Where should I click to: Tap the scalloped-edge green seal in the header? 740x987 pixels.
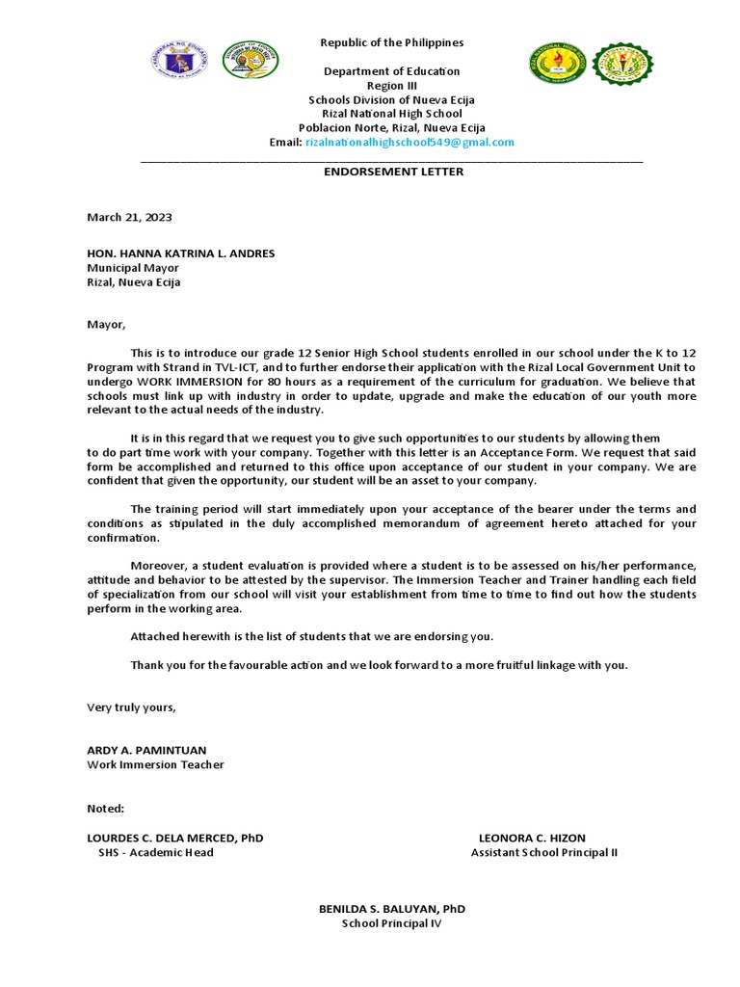click(621, 65)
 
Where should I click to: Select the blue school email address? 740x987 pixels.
click(410, 142)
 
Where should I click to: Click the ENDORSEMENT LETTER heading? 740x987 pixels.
click(392, 172)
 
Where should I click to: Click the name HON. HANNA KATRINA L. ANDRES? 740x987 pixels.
click(181, 253)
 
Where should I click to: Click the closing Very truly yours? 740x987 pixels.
click(132, 707)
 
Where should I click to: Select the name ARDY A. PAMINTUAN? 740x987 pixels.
click(146, 750)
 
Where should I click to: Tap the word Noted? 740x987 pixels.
click(106, 808)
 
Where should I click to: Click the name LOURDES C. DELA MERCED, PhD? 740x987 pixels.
click(175, 838)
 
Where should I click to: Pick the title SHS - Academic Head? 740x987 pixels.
click(156, 852)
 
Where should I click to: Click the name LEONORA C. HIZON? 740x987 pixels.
click(532, 838)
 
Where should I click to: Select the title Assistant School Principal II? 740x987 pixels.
click(543, 852)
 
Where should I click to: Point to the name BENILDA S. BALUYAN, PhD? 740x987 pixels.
click(392, 909)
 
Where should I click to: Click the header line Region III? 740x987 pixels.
click(392, 86)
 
